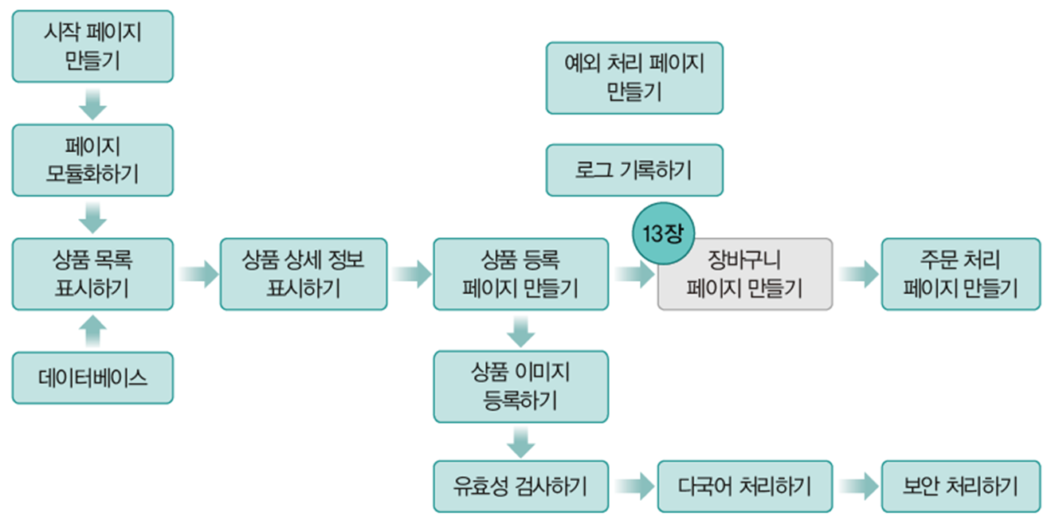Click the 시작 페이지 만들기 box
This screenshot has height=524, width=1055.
92,46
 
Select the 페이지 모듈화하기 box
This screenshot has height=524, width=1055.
92,160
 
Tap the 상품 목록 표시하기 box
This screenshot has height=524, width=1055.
92,274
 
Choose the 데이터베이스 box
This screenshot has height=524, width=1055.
92,377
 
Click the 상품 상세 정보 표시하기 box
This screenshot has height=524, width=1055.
304,274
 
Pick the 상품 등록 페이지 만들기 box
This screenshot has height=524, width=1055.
520,274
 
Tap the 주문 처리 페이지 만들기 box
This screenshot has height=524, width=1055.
960,274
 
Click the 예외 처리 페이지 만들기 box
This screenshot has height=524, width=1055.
634,78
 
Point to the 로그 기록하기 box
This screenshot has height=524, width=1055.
634,170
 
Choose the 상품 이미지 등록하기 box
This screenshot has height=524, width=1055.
520,386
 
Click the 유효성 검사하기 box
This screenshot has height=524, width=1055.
520,486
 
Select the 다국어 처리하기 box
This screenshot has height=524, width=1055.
744,486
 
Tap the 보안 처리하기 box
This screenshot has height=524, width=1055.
960,486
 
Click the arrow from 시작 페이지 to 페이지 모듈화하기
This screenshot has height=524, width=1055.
93,104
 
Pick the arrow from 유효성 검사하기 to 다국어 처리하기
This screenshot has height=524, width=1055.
633,486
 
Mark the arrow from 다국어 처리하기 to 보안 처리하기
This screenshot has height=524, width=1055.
857,486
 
